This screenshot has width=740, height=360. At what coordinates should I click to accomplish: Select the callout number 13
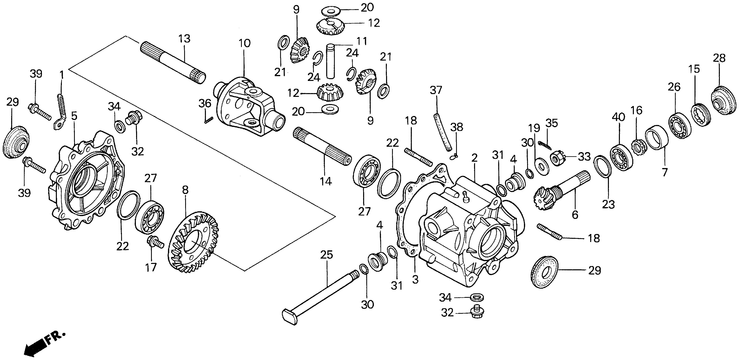pyautogui.click(x=184, y=39)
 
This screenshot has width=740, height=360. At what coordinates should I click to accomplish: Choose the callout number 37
pyautogui.click(x=436, y=90)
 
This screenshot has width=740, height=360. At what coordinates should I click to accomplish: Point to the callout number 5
pyautogui.click(x=74, y=116)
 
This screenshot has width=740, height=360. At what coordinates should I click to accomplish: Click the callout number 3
pyautogui.click(x=415, y=279)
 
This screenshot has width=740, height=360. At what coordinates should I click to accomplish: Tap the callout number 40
pyautogui.click(x=618, y=117)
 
